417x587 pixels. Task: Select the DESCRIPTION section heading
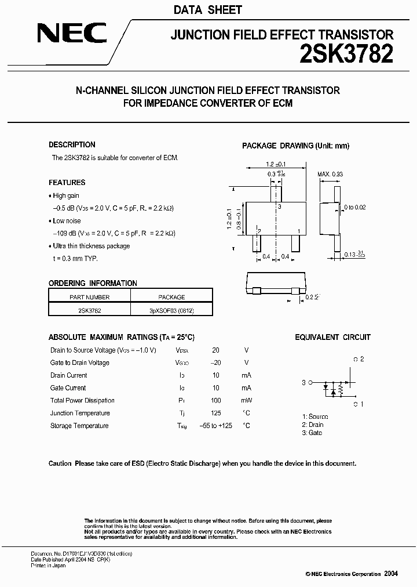(x=72, y=145)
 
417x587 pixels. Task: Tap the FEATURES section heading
(x=67, y=182)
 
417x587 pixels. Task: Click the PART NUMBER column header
(x=89, y=297)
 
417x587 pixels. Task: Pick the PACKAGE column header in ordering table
(x=171, y=297)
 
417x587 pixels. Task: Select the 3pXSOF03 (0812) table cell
(x=171, y=310)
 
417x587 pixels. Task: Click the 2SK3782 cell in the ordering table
(x=89, y=310)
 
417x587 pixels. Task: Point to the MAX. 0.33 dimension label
(x=330, y=174)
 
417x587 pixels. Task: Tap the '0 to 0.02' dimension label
(x=354, y=207)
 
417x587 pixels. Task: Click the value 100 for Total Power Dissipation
(x=215, y=401)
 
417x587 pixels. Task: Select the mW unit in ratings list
(x=246, y=401)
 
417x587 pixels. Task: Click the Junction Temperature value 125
(x=215, y=414)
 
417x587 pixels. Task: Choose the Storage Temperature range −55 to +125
(x=215, y=426)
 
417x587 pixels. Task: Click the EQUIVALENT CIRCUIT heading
(x=332, y=338)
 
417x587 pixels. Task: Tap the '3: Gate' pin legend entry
(x=312, y=433)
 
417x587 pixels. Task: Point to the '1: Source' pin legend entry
(x=315, y=416)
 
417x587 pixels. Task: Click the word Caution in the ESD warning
(x=60, y=463)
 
